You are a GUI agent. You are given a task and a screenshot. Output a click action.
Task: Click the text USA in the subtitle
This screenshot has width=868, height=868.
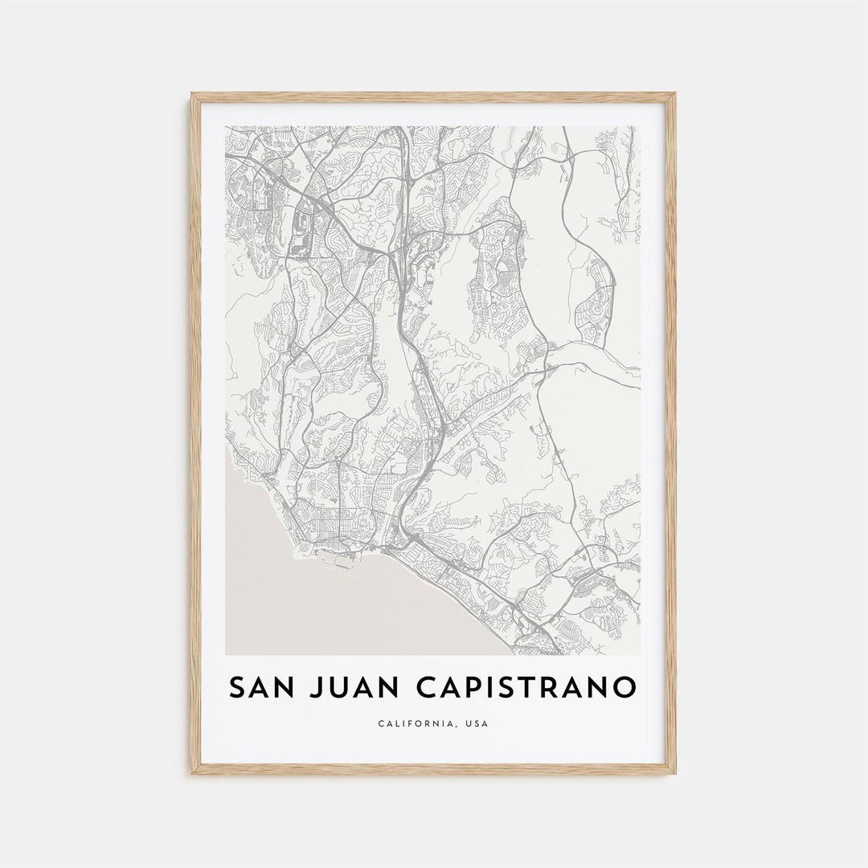[x=475, y=723]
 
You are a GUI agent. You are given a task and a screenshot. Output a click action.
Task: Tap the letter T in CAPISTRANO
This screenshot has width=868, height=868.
[x=534, y=688]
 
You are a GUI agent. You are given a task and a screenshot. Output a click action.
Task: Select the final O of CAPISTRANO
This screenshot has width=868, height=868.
[x=623, y=688]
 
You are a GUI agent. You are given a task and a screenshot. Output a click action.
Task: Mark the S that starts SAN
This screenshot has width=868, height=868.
[x=237, y=688]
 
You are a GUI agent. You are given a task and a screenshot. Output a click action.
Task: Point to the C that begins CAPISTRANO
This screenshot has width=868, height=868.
[x=425, y=688]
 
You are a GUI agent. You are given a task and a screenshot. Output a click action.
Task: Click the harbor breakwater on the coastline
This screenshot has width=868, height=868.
[x=338, y=562]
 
